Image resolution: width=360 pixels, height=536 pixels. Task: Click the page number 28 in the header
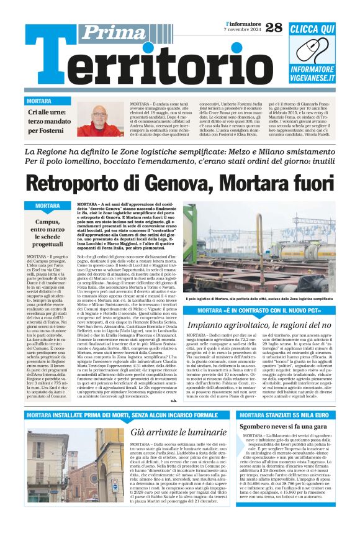tap(274, 27)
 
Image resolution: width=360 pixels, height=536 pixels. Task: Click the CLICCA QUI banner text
tap(312, 29)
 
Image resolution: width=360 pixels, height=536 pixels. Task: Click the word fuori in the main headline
tap(304, 184)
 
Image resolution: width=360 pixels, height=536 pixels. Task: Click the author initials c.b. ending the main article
tap(173, 400)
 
